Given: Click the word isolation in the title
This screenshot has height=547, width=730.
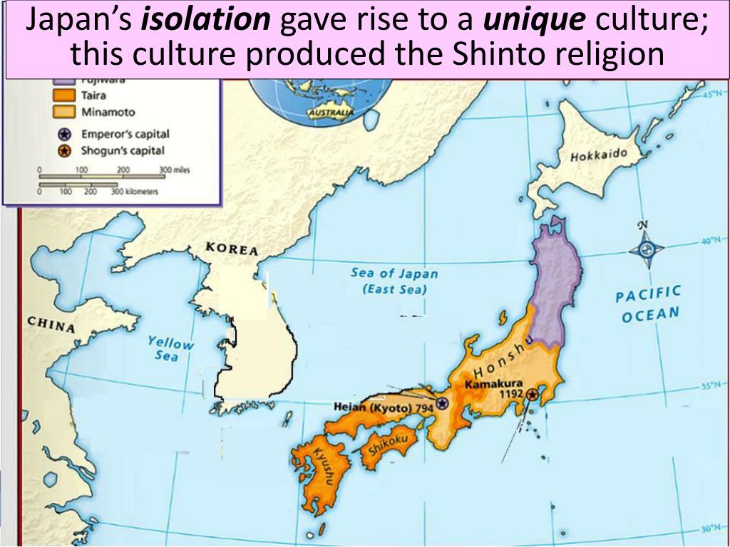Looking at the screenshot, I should [206, 22].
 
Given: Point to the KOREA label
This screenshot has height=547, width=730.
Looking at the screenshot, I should [232, 249].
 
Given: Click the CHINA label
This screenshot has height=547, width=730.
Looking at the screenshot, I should [51, 324].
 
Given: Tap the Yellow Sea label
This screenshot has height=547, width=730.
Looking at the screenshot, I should [170, 348].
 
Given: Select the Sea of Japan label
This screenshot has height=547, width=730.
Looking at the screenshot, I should [394, 281].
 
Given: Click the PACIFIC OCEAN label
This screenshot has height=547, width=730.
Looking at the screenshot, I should [649, 304].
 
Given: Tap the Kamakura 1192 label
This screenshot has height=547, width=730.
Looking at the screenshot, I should [493, 388].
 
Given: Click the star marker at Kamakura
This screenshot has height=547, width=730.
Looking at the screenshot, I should [532, 393].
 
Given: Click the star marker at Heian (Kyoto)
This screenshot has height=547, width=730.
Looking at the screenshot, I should [443, 404].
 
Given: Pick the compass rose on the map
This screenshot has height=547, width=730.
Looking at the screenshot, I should [646, 249].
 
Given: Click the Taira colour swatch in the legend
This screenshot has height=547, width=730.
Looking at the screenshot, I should [64, 95].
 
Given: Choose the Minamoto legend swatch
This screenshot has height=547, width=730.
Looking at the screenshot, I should [64, 112].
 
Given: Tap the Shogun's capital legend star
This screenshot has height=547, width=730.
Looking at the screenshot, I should [65, 150].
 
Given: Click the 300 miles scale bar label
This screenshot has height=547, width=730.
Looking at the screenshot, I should [175, 170].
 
